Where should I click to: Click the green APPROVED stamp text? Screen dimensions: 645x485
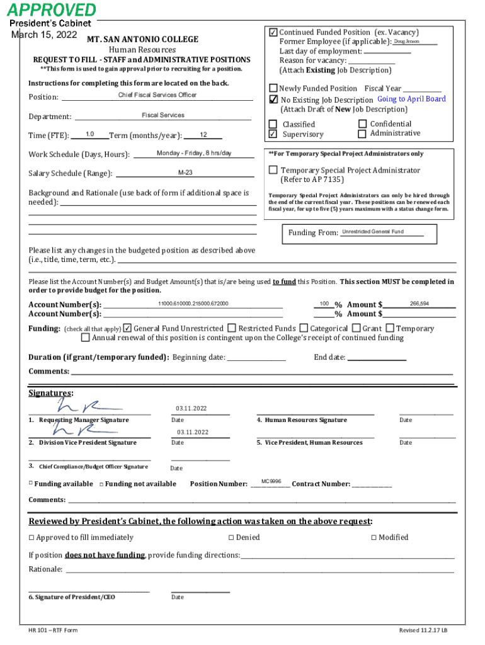(x=52, y=10)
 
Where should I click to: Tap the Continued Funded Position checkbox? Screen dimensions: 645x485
(x=273, y=32)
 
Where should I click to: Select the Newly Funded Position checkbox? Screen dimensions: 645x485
(x=273, y=88)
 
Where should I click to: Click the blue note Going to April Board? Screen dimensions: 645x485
(x=411, y=99)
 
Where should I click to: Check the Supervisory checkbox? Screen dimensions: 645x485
(x=273, y=134)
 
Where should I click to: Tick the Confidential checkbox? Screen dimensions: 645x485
(x=362, y=124)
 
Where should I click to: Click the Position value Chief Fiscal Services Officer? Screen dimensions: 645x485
(x=157, y=95)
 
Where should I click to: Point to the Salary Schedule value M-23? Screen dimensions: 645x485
(x=185, y=173)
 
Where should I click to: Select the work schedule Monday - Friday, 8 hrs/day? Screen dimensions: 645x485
(x=194, y=153)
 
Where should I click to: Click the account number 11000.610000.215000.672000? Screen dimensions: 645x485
(x=193, y=304)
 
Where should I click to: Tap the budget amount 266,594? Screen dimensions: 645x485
(x=419, y=304)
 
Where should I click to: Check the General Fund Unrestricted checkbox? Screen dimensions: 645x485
(x=128, y=328)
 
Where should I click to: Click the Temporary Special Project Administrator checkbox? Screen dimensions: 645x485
(x=273, y=170)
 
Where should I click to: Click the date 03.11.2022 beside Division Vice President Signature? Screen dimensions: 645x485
(x=193, y=432)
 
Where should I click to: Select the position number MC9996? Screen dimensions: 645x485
(x=271, y=481)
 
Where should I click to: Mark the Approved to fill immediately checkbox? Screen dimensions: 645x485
(x=31, y=537)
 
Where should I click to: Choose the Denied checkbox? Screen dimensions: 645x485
(x=231, y=537)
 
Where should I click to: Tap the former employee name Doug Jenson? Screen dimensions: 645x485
(x=406, y=42)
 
